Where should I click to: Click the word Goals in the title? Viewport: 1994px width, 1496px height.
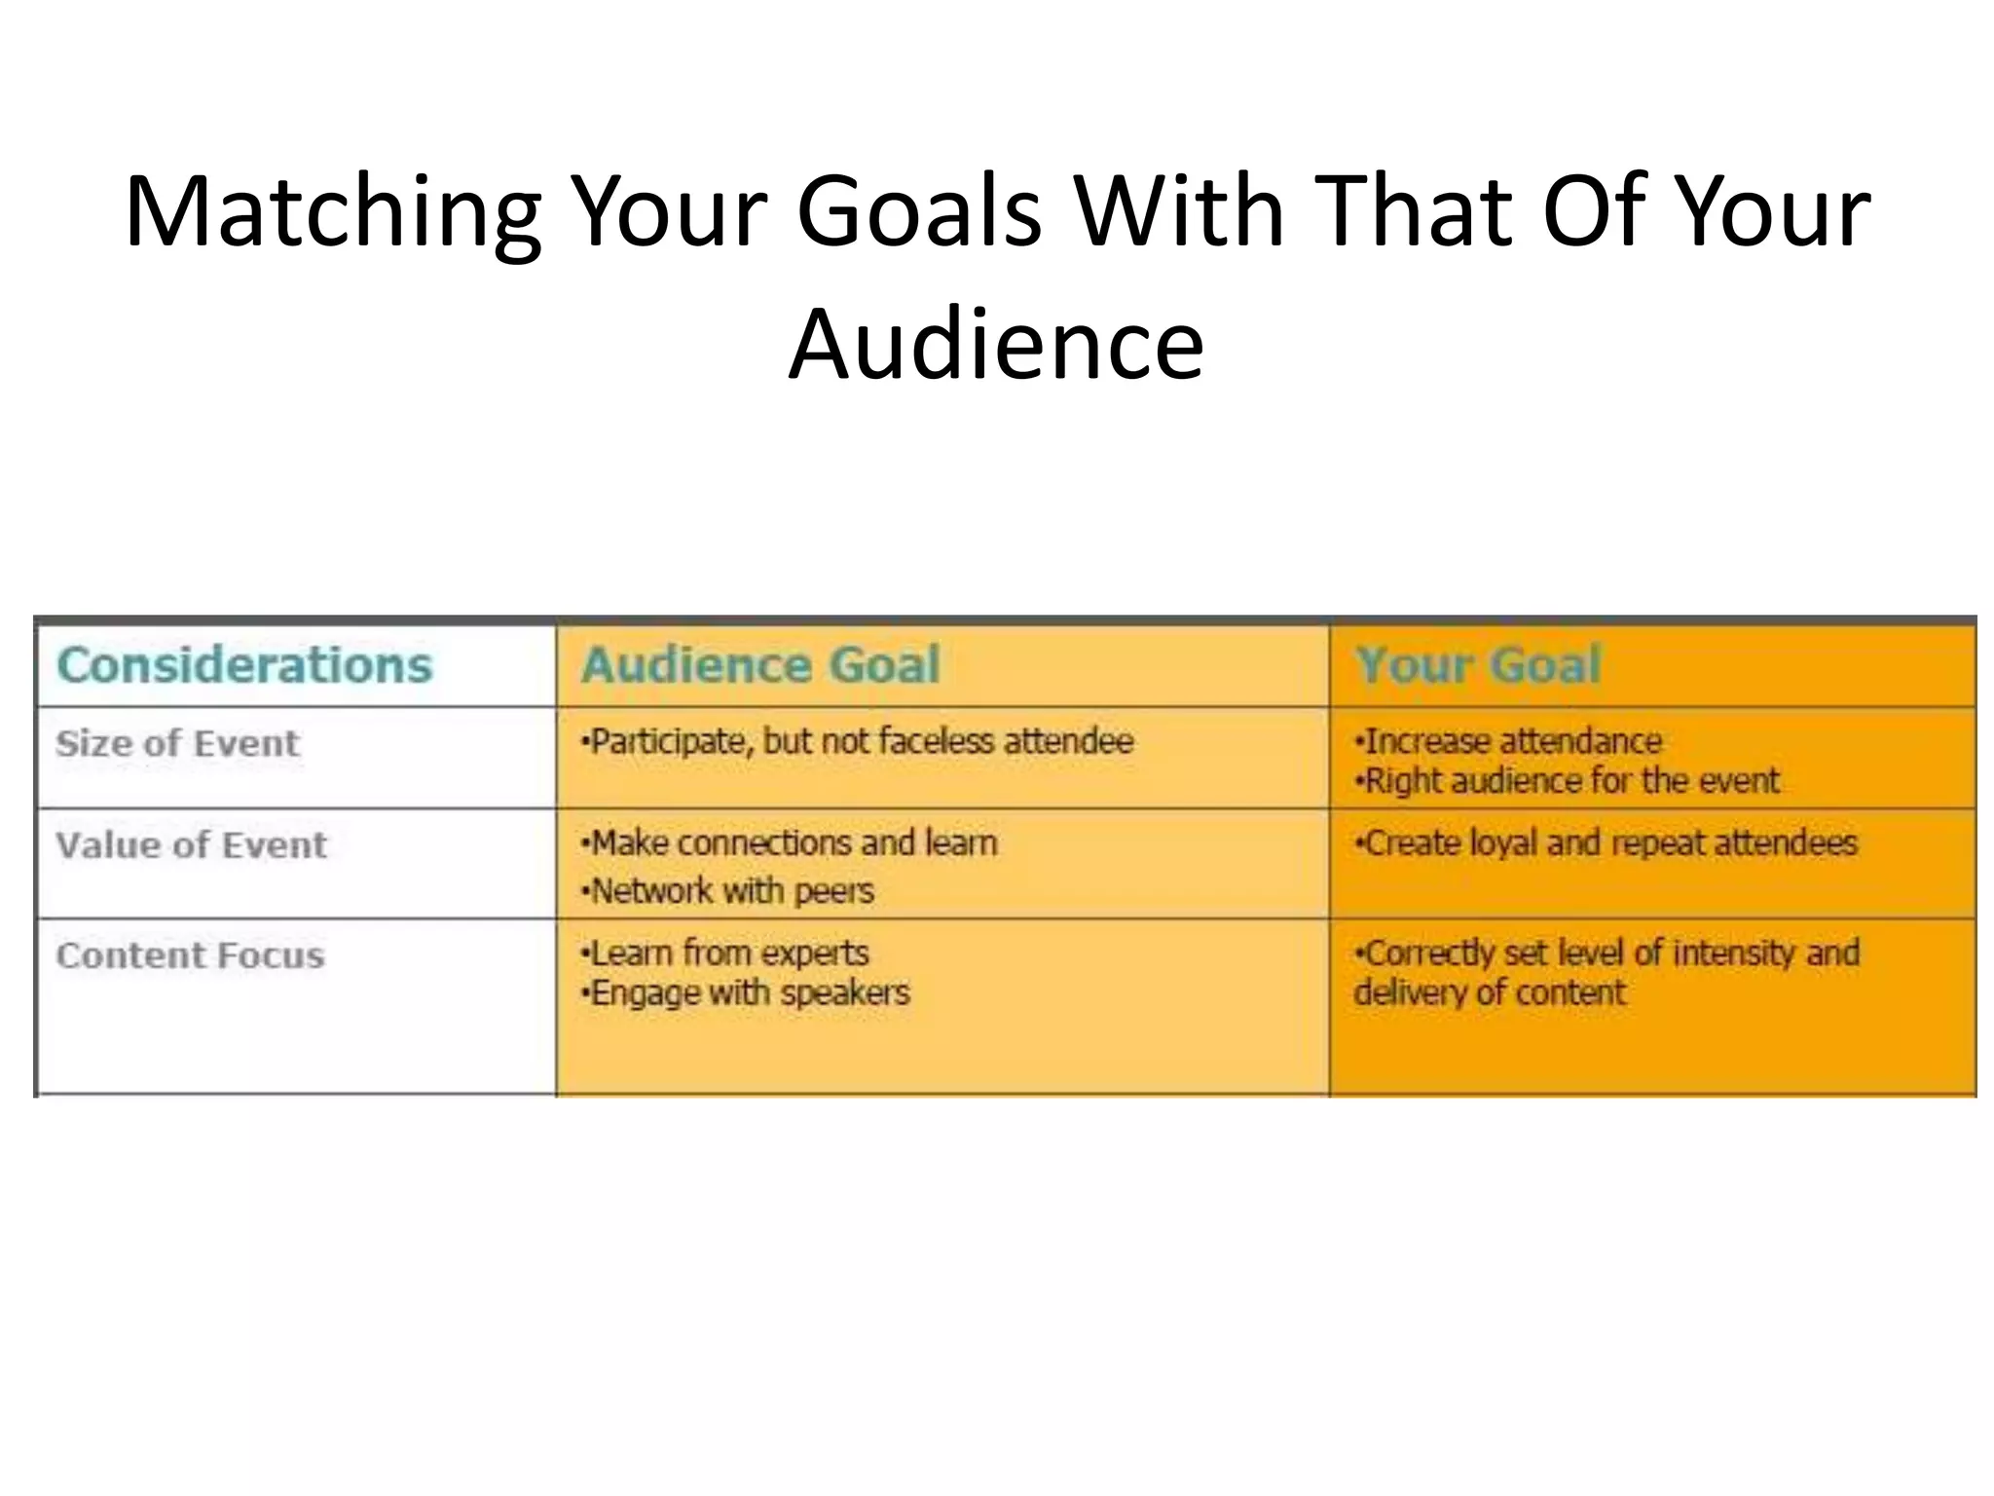[x=919, y=212]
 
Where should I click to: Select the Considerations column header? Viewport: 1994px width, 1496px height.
[x=244, y=665]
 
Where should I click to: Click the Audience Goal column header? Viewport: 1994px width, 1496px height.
[x=760, y=665]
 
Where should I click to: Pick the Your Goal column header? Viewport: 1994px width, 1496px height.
[x=1478, y=665]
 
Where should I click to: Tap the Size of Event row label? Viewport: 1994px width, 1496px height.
[x=178, y=744]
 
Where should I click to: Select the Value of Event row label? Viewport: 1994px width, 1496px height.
[x=192, y=845]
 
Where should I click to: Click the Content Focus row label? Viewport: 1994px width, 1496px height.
[x=191, y=955]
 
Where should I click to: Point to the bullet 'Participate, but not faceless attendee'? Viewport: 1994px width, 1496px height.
[x=858, y=742]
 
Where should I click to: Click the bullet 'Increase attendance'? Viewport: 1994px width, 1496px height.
[x=1509, y=742]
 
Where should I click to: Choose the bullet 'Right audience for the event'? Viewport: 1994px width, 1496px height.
[x=1569, y=781]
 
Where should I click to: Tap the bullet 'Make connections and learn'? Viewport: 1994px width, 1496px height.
[x=790, y=843]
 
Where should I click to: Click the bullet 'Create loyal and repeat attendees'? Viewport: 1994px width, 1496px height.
[x=1607, y=843]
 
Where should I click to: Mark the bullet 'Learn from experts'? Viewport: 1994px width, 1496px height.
[x=725, y=954]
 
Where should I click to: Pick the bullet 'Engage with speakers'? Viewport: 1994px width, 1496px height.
[x=746, y=993]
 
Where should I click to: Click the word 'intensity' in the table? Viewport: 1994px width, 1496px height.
[x=1734, y=954]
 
